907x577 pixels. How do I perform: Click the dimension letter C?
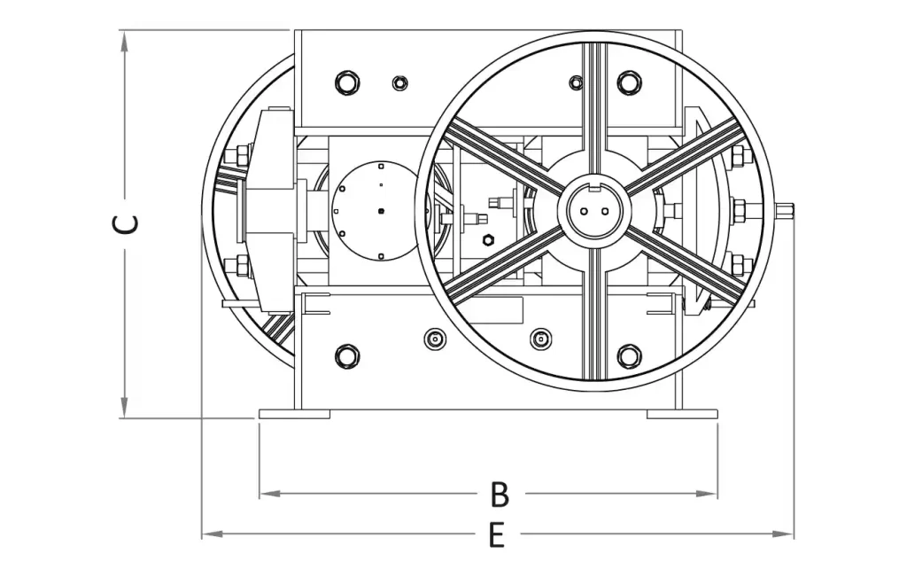[126, 224]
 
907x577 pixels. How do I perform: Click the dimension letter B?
[500, 494]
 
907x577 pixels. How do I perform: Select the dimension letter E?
[496, 534]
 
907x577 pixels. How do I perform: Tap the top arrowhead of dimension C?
[124, 42]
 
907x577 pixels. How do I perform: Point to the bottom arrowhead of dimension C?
[124, 407]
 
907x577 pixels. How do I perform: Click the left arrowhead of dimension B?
[270, 494]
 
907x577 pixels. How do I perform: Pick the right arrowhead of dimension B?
[706, 494]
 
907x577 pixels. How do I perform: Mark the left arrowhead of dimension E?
[213, 533]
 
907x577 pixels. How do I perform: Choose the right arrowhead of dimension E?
[783, 533]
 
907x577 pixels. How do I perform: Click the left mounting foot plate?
[294, 414]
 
